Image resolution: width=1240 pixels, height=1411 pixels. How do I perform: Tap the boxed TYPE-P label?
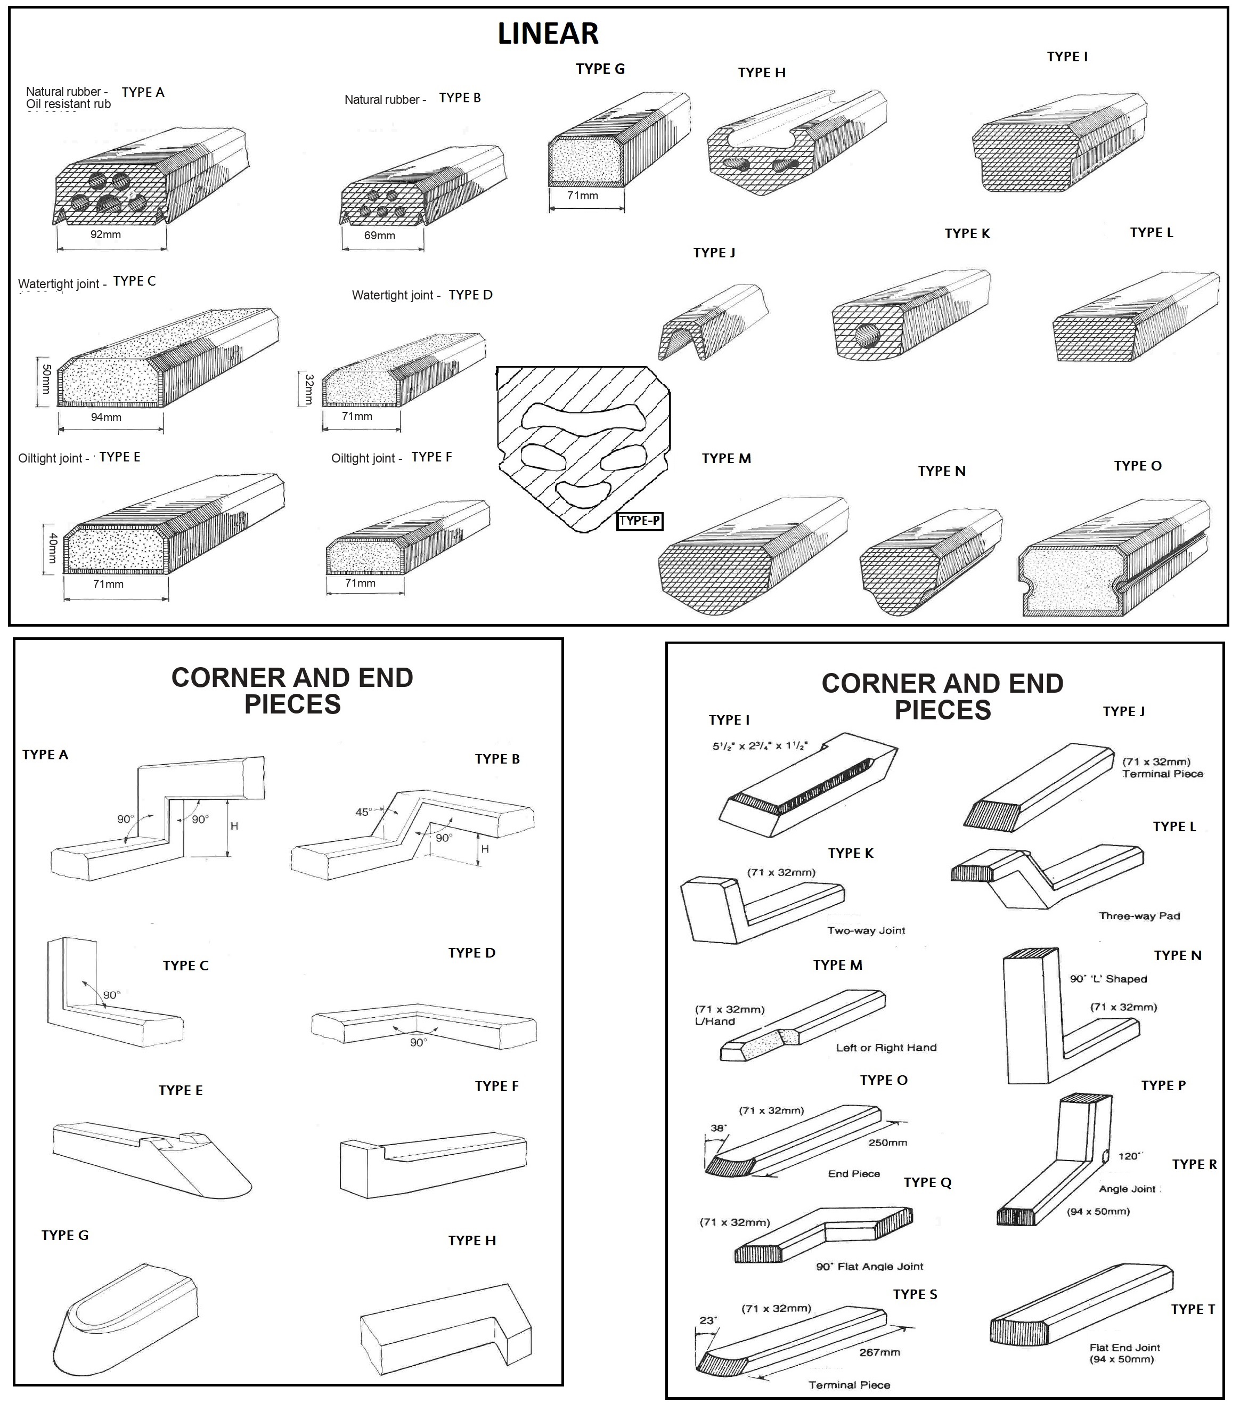[640, 521]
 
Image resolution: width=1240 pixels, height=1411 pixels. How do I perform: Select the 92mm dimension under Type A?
[105, 234]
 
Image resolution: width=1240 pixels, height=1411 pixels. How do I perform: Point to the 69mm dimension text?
[380, 236]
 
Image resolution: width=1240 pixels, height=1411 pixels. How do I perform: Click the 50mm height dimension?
[46, 380]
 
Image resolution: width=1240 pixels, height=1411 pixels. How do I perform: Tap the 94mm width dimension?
[107, 417]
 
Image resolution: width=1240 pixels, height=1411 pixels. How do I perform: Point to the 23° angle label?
[708, 1320]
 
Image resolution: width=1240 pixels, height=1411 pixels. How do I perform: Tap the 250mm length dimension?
[887, 1142]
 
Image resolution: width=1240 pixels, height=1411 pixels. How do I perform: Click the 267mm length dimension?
[879, 1352]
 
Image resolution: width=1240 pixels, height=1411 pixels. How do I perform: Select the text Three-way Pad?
[1139, 915]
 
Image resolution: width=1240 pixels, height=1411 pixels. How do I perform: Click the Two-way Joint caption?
[866, 930]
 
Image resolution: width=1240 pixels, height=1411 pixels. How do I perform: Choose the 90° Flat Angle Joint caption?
[869, 1266]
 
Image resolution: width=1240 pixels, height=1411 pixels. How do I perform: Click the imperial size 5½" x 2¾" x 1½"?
[760, 745]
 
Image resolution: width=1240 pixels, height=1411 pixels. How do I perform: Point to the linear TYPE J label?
[714, 253]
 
